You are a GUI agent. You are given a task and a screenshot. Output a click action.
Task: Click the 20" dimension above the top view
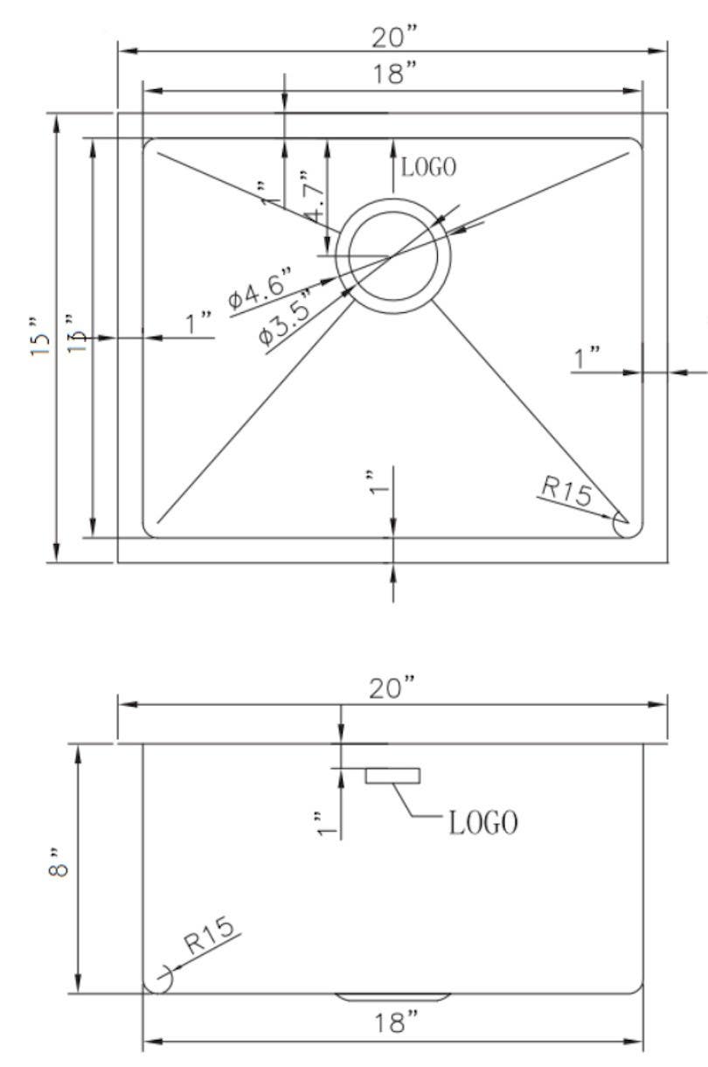393,38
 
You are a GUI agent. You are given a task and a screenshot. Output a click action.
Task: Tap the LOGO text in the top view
428,167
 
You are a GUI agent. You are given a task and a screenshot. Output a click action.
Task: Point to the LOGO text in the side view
482,822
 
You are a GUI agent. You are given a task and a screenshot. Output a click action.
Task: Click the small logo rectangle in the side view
392,775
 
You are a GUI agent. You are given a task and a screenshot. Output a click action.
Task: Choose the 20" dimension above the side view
393,689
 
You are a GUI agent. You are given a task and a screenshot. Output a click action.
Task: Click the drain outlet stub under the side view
392,997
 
